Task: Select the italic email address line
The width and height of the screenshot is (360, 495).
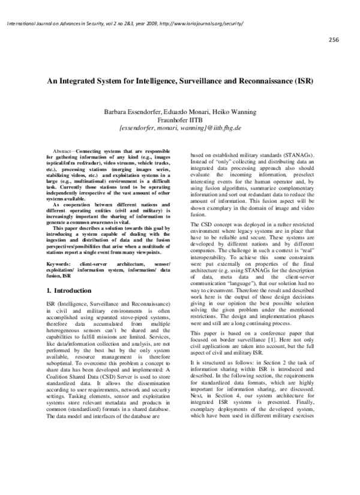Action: pos(181,127)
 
